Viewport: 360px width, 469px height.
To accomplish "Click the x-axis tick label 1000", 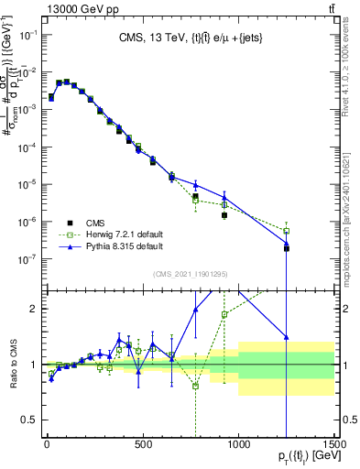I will pos(238,445).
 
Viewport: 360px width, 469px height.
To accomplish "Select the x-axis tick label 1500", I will pos(334,445).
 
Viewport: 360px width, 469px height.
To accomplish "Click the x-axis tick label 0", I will pos(47,445).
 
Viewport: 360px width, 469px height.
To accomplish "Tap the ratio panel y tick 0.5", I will pos(30,420).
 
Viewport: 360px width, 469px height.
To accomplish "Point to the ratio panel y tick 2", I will pos(34,309).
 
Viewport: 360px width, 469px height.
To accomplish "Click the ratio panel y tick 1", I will pos(34,365).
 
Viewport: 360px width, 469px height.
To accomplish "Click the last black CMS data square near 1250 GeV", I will pos(286,248).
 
